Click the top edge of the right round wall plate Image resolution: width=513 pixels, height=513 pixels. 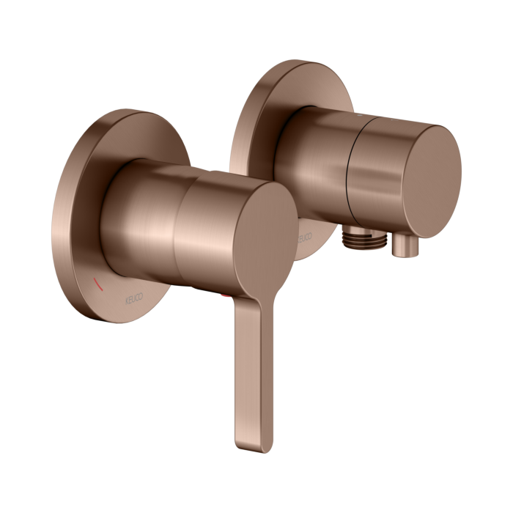tap(293, 62)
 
